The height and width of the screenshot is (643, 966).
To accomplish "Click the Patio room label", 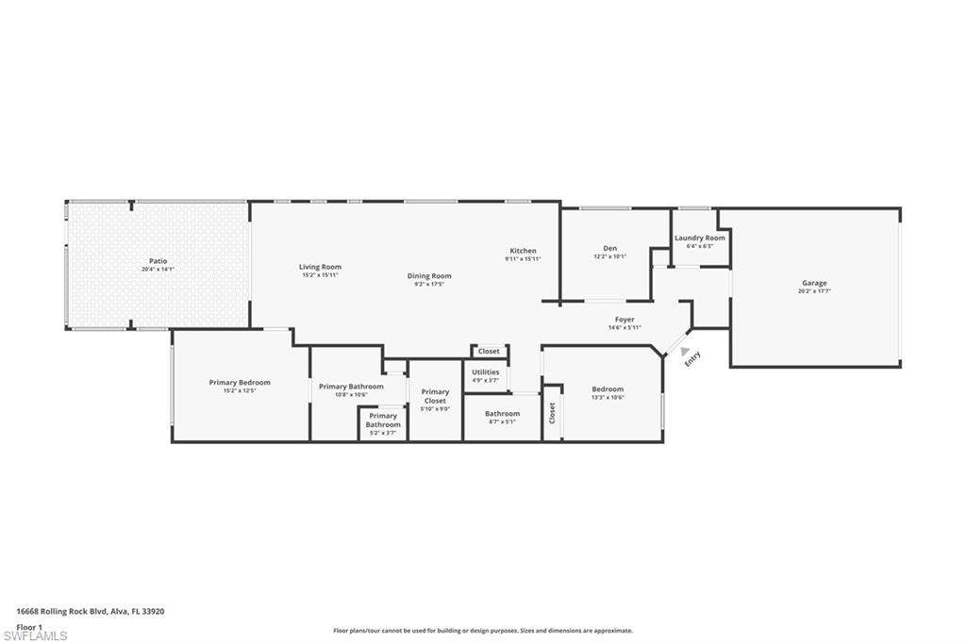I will [x=158, y=261].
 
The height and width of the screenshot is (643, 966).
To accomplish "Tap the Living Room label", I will [x=321, y=267].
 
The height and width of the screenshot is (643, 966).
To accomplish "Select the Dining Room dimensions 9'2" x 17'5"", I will [x=429, y=284].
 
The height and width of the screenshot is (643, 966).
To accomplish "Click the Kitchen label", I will [x=523, y=251].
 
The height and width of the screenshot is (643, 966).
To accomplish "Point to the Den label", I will [x=609, y=248].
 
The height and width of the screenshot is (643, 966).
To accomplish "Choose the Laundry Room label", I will [x=699, y=238].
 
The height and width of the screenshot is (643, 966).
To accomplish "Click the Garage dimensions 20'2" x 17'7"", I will [x=814, y=291].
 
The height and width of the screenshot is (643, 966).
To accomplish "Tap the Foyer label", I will [x=625, y=320].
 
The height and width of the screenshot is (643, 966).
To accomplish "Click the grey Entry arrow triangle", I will [x=684, y=350].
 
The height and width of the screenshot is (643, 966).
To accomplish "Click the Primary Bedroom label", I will [x=240, y=382].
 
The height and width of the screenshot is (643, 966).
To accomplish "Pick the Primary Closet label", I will [x=435, y=396].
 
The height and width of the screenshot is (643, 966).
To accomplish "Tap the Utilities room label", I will [x=485, y=372].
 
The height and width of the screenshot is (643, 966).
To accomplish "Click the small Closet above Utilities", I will [x=489, y=351].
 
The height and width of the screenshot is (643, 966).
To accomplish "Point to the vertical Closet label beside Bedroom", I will [x=553, y=413].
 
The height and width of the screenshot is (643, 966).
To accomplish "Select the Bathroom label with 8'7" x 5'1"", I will [x=502, y=413].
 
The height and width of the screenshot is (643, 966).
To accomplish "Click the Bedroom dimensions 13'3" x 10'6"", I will [x=608, y=397].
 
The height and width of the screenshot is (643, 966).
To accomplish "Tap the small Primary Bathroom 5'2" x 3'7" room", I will [x=382, y=423].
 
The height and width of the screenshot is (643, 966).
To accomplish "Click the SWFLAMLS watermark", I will [x=35, y=635].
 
